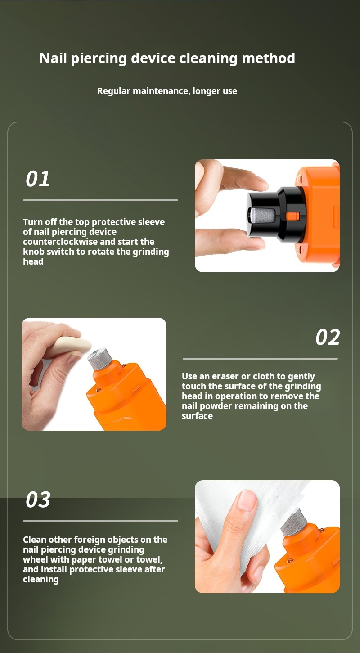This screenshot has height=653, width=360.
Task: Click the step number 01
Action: [38, 179]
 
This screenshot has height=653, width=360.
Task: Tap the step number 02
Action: [328, 337]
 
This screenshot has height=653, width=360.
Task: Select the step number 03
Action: [38, 500]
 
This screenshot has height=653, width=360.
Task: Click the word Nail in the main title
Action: [53, 58]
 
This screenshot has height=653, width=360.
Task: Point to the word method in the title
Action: [268, 58]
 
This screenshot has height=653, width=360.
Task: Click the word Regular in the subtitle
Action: [114, 91]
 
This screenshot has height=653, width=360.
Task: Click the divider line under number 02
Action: [260, 359]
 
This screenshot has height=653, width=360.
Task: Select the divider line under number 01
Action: [100, 200]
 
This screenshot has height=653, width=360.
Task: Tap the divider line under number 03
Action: [100, 521]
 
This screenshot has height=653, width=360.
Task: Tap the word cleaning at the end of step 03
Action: [41, 580]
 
